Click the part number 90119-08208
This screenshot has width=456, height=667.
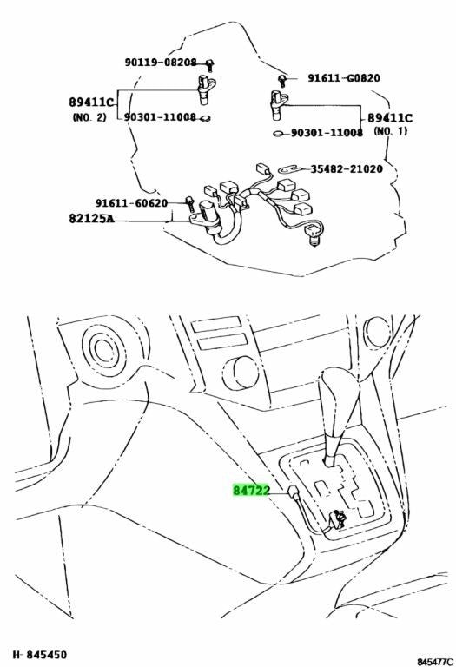[161, 63]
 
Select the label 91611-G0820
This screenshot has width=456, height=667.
[344, 78]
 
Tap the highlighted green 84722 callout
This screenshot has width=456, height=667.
[251, 491]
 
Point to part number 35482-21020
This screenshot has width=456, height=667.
[347, 168]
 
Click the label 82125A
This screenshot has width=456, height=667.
[91, 219]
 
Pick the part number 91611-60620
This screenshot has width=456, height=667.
[131, 203]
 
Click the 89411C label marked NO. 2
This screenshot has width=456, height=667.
[91, 102]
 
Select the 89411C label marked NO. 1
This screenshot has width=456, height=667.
[390, 118]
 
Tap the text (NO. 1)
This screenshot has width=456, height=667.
[391, 131]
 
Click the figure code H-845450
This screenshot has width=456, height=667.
[40, 654]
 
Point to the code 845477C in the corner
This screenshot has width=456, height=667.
[435, 662]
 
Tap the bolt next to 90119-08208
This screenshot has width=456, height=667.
[209, 65]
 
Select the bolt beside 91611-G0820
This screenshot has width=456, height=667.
[281, 81]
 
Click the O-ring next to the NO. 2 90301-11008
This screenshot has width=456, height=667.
[205, 118]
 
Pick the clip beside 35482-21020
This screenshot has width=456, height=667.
[291, 169]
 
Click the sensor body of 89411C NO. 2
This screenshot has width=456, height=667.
[206, 89]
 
